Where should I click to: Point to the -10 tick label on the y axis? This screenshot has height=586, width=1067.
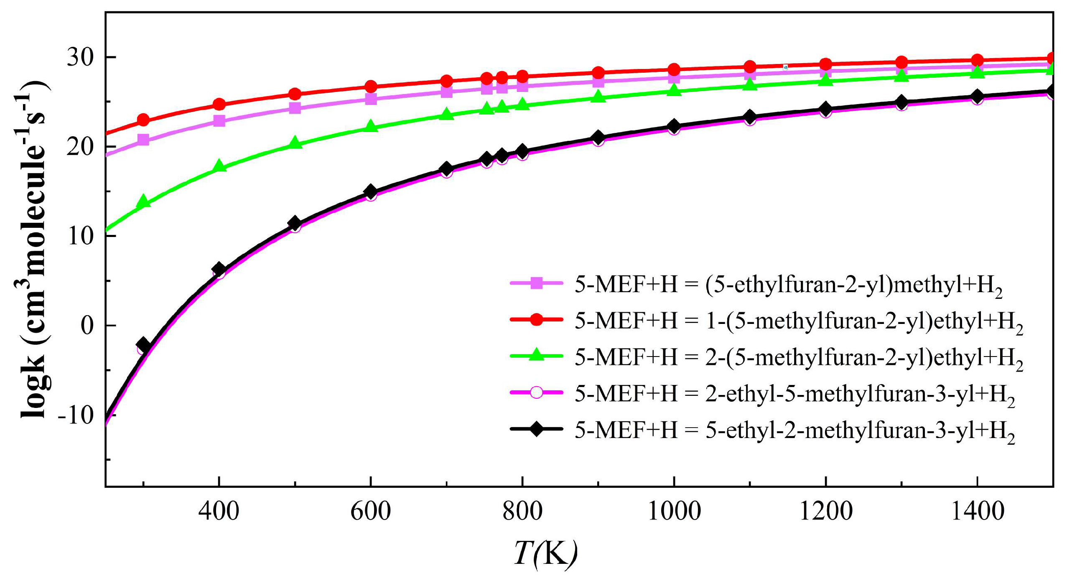point(76,415)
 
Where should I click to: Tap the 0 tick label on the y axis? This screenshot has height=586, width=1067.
point(87,326)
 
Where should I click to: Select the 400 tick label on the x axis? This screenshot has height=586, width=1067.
point(219,511)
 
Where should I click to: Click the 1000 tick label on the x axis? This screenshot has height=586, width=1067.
point(674,511)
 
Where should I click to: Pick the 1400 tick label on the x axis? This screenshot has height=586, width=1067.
point(977,511)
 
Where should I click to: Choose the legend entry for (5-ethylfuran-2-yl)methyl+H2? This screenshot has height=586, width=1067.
point(788,285)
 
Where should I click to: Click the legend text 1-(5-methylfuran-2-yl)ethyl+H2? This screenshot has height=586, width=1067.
point(798,321)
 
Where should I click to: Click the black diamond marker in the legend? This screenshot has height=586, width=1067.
point(536,429)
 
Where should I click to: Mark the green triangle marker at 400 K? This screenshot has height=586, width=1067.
point(219,166)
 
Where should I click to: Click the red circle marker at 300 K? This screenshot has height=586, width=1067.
point(143,120)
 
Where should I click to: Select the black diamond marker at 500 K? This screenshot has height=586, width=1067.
point(295,223)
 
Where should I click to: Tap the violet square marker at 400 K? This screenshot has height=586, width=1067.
point(219,121)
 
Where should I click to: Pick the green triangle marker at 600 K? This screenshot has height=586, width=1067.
point(371,126)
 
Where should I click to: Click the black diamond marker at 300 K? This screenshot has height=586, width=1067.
point(143,345)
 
